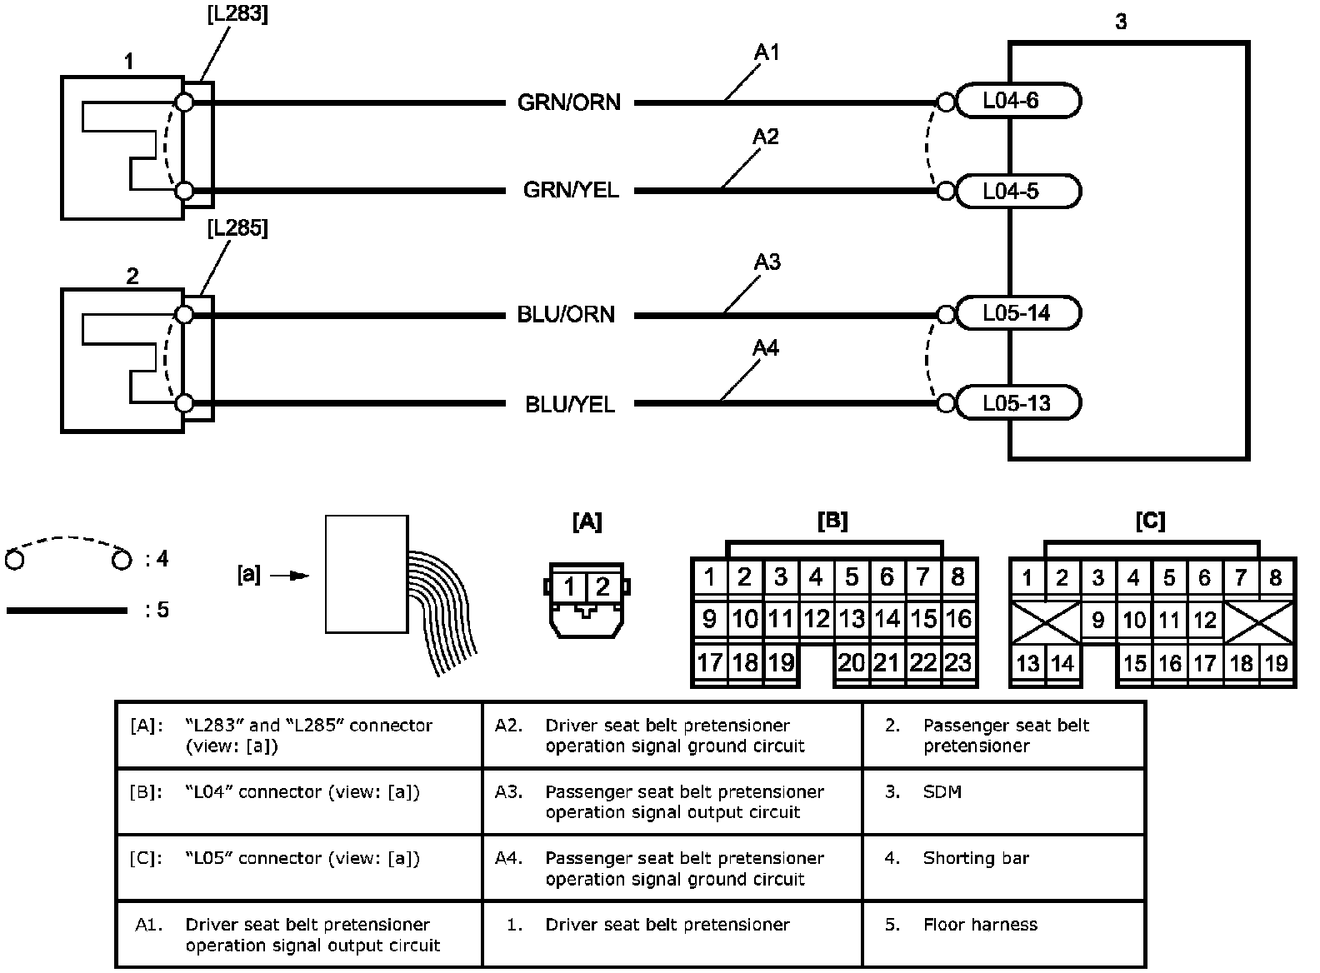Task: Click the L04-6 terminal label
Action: [x=1010, y=101]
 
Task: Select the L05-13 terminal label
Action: [x=1016, y=403]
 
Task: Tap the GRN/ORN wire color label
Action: [x=569, y=102]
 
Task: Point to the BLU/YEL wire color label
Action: [x=570, y=405]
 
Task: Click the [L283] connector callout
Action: [x=237, y=14]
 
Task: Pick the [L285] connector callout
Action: [x=237, y=228]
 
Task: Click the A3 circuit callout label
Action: [x=767, y=262]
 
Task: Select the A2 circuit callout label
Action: [x=765, y=137]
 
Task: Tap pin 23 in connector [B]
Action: [x=958, y=662]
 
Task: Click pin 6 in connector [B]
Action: [x=887, y=576]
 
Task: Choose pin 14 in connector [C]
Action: [x=1062, y=663]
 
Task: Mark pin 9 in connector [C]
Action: [x=1098, y=621]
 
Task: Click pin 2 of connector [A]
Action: [x=603, y=586]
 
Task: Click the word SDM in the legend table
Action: [x=942, y=791]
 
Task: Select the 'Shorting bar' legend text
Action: [x=975, y=858]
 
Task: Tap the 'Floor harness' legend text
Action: [x=980, y=924]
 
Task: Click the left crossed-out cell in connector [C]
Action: [x=1045, y=621]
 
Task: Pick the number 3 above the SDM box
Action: [x=1121, y=22]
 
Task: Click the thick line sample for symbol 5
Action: [x=67, y=611]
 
